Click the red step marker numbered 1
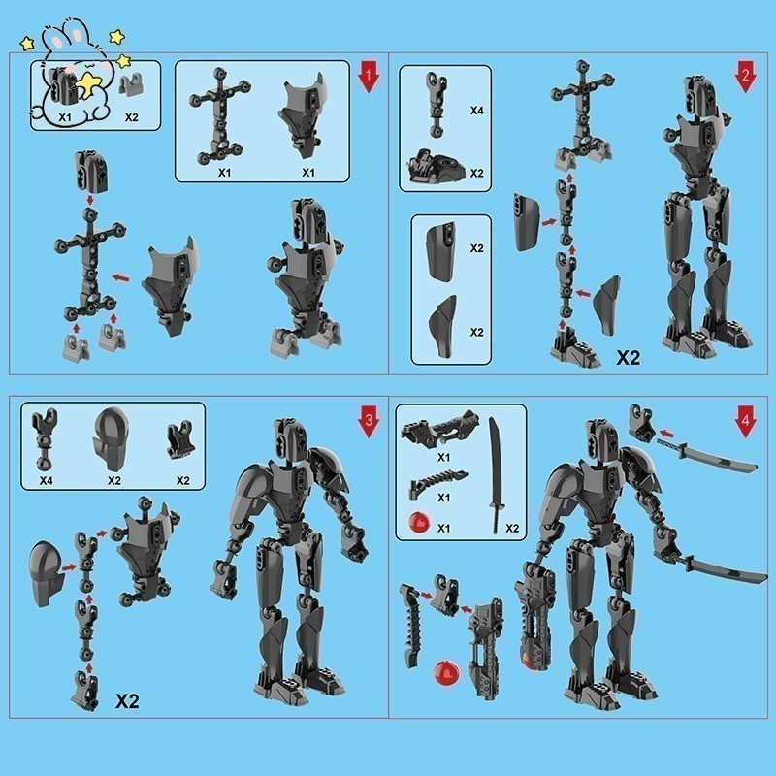(368, 78)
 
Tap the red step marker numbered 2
(744, 78)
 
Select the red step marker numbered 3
(368, 423)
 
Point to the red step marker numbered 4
(744, 423)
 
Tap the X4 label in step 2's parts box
(476, 112)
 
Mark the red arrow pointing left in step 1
(121, 278)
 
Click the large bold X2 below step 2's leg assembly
(630, 358)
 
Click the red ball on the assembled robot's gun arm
(531, 662)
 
